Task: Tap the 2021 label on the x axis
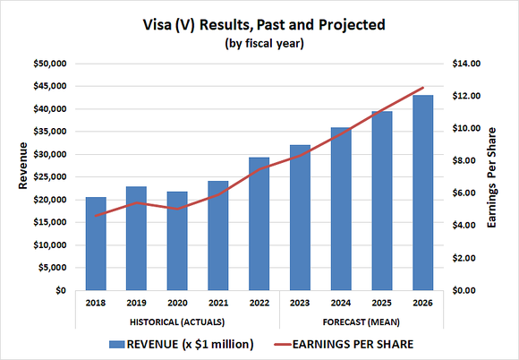pyautogui.click(x=218, y=304)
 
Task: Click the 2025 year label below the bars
pyautogui.click(x=381, y=304)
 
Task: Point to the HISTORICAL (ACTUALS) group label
pyautogui.click(x=177, y=321)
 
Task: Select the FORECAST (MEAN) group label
pyautogui.click(x=361, y=321)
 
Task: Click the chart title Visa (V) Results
pyautogui.click(x=259, y=24)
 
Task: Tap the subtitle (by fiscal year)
pyautogui.click(x=259, y=42)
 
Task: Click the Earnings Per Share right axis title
pyautogui.click(x=504, y=176)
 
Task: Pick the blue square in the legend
pyautogui.click(x=115, y=344)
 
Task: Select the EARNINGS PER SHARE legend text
pyautogui.click(x=355, y=344)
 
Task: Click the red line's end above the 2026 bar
pyautogui.click(x=422, y=88)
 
